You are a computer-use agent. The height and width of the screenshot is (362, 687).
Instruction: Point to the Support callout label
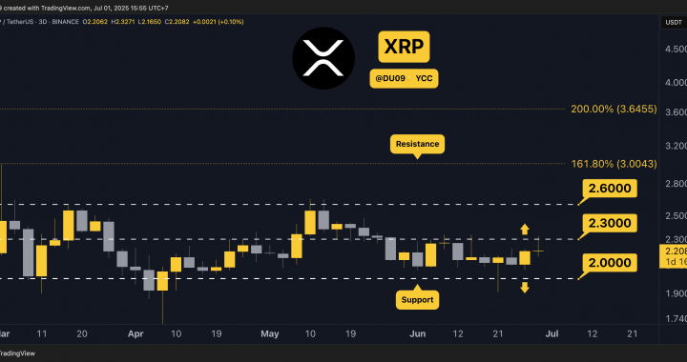[x=416, y=299]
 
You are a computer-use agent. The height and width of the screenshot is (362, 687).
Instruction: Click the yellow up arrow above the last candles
[x=524, y=229]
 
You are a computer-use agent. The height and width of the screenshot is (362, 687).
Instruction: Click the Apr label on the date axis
[x=135, y=334]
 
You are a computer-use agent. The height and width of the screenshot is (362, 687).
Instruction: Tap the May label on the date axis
[x=270, y=334]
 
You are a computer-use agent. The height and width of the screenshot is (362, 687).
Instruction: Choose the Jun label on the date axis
[x=417, y=334]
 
